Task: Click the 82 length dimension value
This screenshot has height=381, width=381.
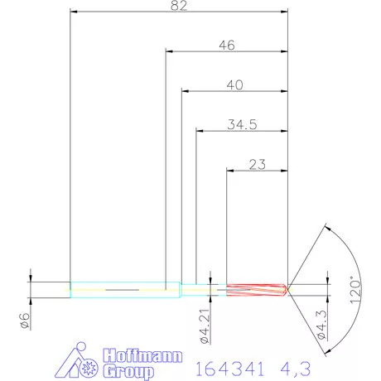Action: pyautogui.click(x=179, y=6)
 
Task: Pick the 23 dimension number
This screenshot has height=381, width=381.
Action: pyautogui.click(x=256, y=164)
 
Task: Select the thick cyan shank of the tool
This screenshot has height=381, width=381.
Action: pyautogui.click(x=124, y=289)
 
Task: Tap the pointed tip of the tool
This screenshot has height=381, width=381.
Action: pyautogui.click(x=287, y=289)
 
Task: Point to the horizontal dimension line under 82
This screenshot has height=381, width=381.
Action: pyautogui.click(x=179, y=12)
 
